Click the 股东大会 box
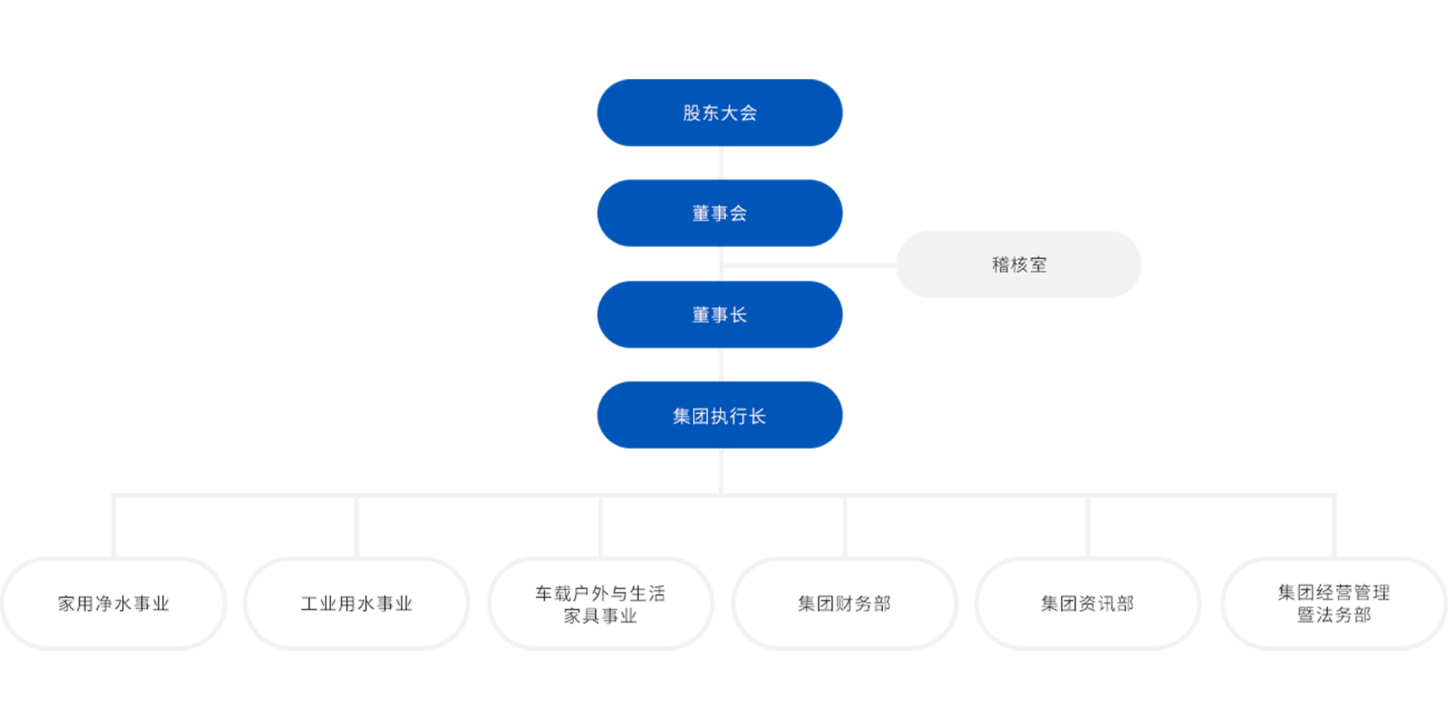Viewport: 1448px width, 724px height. (x=719, y=113)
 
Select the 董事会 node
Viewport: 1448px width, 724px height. (x=719, y=213)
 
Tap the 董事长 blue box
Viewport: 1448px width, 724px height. (x=719, y=314)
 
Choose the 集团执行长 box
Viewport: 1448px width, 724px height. (x=719, y=416)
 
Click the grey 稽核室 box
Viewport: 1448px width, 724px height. (x=1018, y=265)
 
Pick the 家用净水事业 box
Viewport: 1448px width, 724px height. (x=113, y=603)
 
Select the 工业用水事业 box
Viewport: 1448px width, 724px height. (x=357, y=603)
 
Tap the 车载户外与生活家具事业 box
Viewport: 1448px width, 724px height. (x=600, y=603)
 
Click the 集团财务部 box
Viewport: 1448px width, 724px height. (x=844, y=603)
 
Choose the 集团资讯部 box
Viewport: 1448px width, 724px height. (x=1087, y=603)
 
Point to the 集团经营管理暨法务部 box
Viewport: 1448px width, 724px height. (x=1333, y=603)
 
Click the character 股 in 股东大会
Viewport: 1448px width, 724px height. (x=692, y=113)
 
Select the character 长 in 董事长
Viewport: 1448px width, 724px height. (x=738, y=314)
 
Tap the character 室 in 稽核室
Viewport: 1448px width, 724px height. (x=1038, y=265)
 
